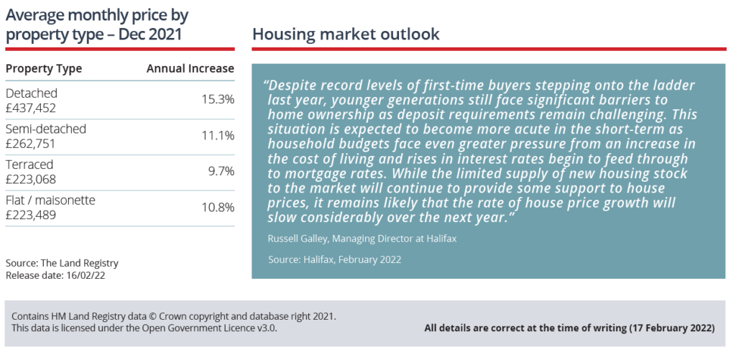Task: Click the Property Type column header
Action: tap(44, 68)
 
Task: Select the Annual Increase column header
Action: tap(190, 68)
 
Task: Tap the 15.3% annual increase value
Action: tap(218, 100)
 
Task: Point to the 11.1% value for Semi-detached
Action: tap(218, 136)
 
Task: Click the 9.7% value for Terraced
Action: tap(221, 171)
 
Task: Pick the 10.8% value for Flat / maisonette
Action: tap(218, 207)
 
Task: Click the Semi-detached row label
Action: tap(46, 129)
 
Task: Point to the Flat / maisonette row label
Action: tap(51, 200)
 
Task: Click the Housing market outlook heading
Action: tap(346, 34)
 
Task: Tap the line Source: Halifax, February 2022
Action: tap(335, 259)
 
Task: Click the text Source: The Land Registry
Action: tap(62, 263)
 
